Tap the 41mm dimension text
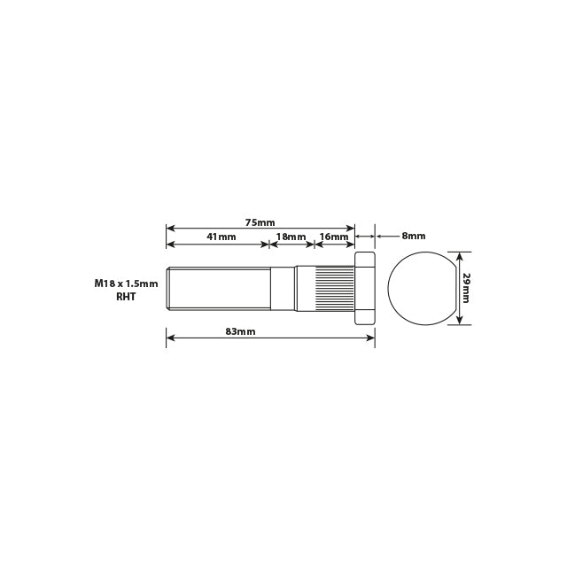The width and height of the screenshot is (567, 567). [221, 237]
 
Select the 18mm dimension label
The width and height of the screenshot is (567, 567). [291, 237]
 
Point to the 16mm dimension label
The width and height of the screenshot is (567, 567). [334, 237]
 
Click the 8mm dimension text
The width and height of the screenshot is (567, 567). [413, 237]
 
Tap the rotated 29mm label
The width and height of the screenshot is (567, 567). [466, 287]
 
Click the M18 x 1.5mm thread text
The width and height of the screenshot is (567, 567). [126, 284]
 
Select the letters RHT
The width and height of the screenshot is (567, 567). [126, 298]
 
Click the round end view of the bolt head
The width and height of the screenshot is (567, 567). [422, 287]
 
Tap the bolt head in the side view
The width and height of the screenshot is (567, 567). [365, 287]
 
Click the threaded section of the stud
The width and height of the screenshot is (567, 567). [217, 287]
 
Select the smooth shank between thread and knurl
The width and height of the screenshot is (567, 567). [281, 287]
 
